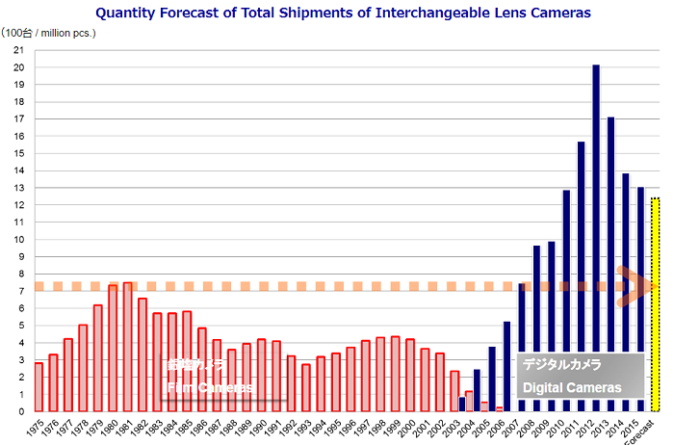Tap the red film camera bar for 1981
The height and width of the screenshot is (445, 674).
coord(127,347)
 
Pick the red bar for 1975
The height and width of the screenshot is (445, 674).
coord(39,386)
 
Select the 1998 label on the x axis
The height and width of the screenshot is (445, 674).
coord(379,427)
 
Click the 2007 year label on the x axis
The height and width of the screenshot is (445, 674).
coord(507,427)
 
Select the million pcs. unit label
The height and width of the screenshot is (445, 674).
coord(67,34)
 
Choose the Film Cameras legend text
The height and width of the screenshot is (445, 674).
coord(210,387)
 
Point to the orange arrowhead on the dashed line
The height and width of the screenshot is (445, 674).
coord(631,286)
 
